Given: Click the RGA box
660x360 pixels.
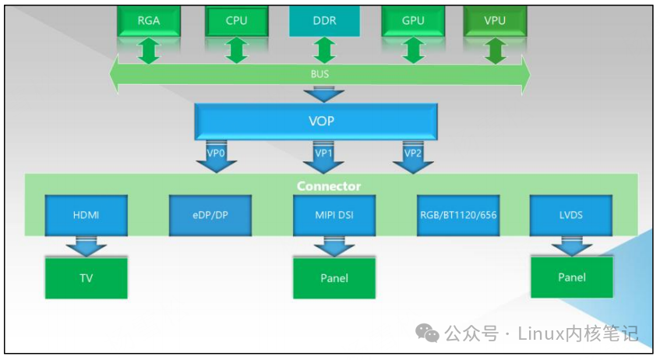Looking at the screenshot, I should tap(149, 20).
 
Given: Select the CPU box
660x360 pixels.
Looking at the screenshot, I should tap(236, 20).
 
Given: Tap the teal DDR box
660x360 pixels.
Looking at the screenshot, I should tap(323, 20).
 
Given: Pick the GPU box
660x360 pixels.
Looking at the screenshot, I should tap(412, 20).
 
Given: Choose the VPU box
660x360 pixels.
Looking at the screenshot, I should tap(495, 20).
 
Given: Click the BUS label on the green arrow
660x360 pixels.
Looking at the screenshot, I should tap(320, 75).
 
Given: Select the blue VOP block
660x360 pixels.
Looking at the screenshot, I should tap(316, 123).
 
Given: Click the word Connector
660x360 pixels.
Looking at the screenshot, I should tap(329, 186).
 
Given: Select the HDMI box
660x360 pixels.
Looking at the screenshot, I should tap(86, 216).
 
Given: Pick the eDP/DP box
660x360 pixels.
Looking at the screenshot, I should tap(210, 216).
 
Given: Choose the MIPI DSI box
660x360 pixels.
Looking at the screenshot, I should tap(334, 216).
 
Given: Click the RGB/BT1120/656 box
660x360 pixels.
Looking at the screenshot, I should tap(459, 216).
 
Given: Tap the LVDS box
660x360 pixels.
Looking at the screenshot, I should tap(571, 216).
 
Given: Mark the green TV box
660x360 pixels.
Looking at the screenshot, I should tap(86, 278).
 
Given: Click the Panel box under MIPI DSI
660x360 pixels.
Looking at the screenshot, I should tap(334, 278).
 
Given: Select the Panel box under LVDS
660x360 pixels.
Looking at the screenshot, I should tap(571, 277).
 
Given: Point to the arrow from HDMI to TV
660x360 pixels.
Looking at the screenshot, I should tap(86, 246).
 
